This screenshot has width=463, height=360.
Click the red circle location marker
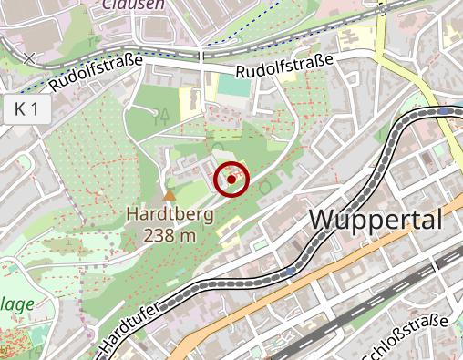231,180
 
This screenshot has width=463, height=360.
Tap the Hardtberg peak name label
170,216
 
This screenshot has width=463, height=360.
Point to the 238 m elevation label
170,235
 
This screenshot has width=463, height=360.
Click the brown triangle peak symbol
169,194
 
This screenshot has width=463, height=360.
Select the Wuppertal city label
376,220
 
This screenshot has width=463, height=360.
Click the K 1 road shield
26,110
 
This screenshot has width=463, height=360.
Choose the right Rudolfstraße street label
283,66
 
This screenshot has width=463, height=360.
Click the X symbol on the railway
30,58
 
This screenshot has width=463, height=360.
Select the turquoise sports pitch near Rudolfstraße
231,88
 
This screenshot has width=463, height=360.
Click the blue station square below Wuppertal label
290,271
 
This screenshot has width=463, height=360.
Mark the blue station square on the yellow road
443,111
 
